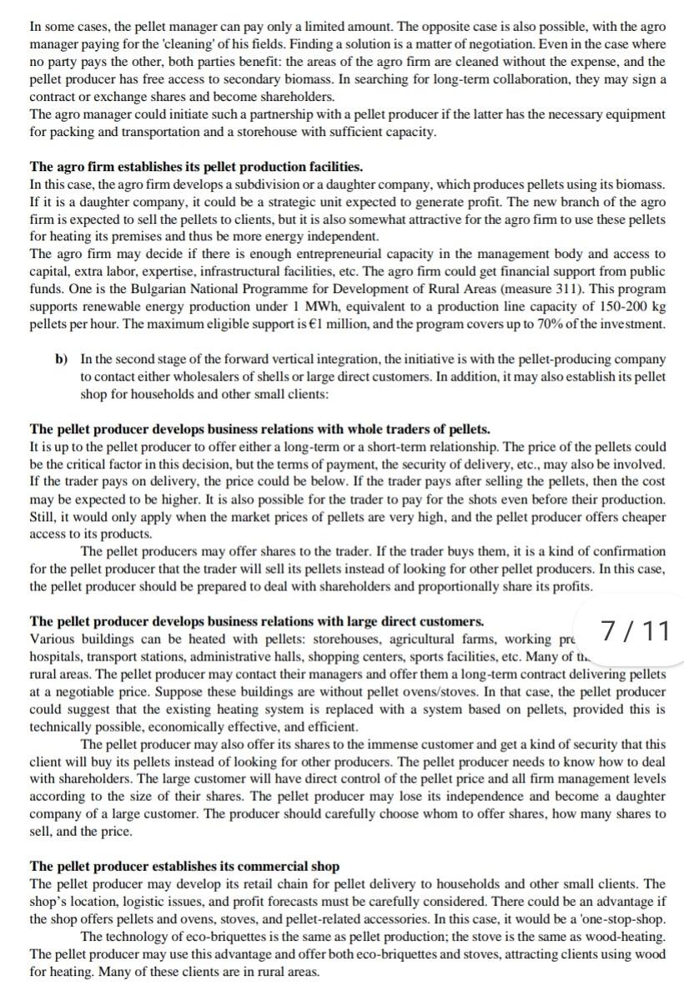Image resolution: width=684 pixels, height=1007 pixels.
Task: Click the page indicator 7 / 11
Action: point(635,630)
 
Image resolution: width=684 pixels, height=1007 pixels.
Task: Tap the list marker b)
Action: point(61,359)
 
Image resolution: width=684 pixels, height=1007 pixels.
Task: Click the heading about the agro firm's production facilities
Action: point(196,167)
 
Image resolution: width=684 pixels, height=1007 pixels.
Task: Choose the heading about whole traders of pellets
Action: point(259,430)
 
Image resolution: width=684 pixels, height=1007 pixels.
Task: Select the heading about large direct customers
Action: point(256,621)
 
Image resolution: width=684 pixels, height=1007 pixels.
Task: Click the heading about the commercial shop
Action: point(184,866)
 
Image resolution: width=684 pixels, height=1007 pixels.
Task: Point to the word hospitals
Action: point(57,656)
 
